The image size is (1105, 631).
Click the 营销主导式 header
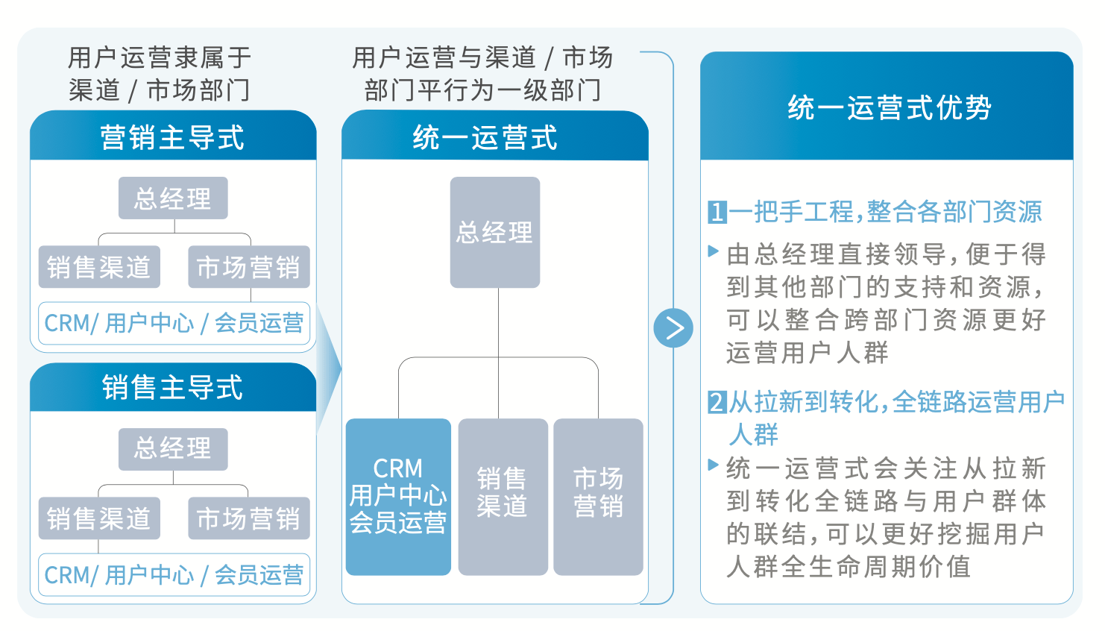click(x=173, y=136)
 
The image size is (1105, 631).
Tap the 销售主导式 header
click(x=173, y=387)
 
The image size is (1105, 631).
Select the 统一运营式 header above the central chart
click(x=495, y=136)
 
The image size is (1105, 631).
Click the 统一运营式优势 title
click(x=887, y=106)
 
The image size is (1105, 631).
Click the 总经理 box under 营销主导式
click(x=173, y=198)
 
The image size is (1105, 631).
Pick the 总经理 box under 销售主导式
click(x=173, y=449)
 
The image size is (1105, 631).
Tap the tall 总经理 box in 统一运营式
click(x=495, y=233)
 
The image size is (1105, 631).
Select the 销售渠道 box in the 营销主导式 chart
click(x=99, y=267)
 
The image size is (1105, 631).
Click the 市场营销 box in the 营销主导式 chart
click(x=248, y=267)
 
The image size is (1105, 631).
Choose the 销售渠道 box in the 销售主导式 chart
click(x=99, y=518)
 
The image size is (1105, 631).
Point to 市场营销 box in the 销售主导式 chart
click(x=248, y=518)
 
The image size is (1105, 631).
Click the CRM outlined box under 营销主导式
click(x=174, y=323)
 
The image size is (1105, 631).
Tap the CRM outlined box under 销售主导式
click(x=174, y=575)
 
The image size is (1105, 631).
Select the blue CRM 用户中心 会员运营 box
click(x=399, y=497)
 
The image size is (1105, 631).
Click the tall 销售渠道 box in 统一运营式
click(x=503, y=497)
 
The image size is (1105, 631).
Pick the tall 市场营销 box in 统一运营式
click(x=599, y=497)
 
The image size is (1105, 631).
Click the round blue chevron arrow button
click(x=673, y=328)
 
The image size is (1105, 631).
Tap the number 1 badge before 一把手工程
click(x=717, y=212)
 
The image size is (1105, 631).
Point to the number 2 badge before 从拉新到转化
click(x=717, y=402)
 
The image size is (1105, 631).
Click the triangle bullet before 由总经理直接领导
click(x=713, y=251)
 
